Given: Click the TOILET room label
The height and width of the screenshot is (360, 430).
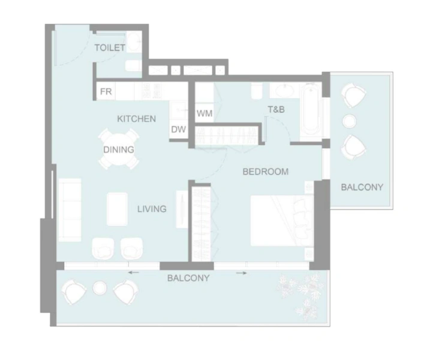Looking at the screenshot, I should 109,47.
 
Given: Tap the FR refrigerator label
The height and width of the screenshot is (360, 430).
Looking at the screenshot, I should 106,92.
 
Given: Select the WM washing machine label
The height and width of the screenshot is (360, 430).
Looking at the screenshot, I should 204,112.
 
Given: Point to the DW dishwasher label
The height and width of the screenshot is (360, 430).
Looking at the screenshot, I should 178,130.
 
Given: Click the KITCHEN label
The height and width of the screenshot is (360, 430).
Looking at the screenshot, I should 136,119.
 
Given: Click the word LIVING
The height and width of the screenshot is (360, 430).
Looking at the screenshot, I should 152,209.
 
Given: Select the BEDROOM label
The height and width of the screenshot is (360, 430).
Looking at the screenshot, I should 265,172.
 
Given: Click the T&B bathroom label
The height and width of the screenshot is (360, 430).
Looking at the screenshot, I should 276,109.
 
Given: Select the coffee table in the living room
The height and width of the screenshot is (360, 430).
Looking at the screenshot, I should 118,210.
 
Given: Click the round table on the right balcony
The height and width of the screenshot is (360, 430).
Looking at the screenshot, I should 350,121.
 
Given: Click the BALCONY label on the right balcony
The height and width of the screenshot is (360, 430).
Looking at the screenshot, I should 362,187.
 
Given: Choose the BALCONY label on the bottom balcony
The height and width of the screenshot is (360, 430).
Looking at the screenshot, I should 188,278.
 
